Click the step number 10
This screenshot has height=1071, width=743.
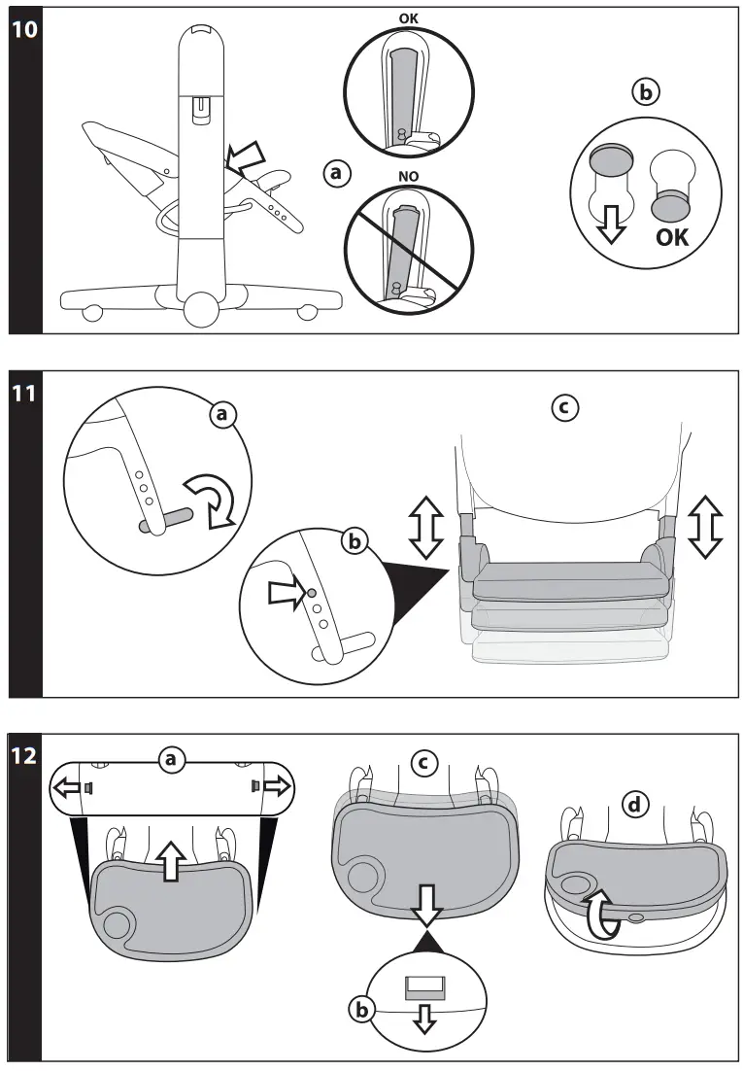pyautogui.click(x=25, y=30)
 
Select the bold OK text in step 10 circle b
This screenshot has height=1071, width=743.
pyautogui.click(x=671, y=236)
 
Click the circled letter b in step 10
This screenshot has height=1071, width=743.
pyautogui.click(x=644, y=93)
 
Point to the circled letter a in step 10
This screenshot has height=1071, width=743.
pyautogui.click(x=335, y=174)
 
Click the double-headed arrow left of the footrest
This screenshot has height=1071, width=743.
pyautogui.click(x=426, y=525)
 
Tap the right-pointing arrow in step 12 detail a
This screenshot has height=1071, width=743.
pyautogui.click(x=274, y=785)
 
